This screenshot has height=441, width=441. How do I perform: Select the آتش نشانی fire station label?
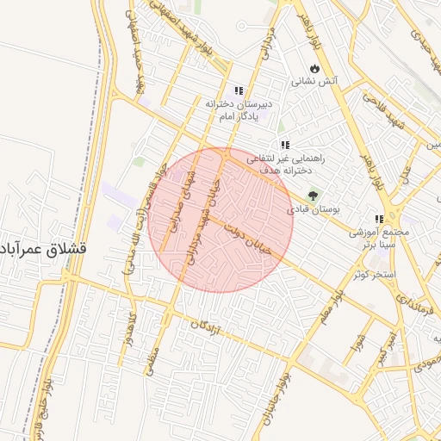317,82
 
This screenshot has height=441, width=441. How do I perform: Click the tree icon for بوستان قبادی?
312,196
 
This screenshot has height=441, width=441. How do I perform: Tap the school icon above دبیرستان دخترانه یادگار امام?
239,90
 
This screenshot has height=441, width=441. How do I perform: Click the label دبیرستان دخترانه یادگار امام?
239,109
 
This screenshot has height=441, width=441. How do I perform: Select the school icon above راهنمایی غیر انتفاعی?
285,145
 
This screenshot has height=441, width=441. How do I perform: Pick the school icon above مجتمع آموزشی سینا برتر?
379,219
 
